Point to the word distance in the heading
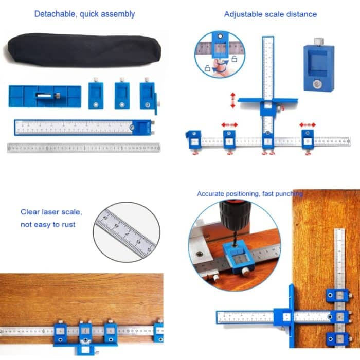[x=301, y=14]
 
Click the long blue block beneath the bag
[x=45, y=96]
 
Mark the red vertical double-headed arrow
[x=233, y=100]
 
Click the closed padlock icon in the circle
[x=207, y=67]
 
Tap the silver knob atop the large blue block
[x=318, y=41]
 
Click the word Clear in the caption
[x=30, y=212]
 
